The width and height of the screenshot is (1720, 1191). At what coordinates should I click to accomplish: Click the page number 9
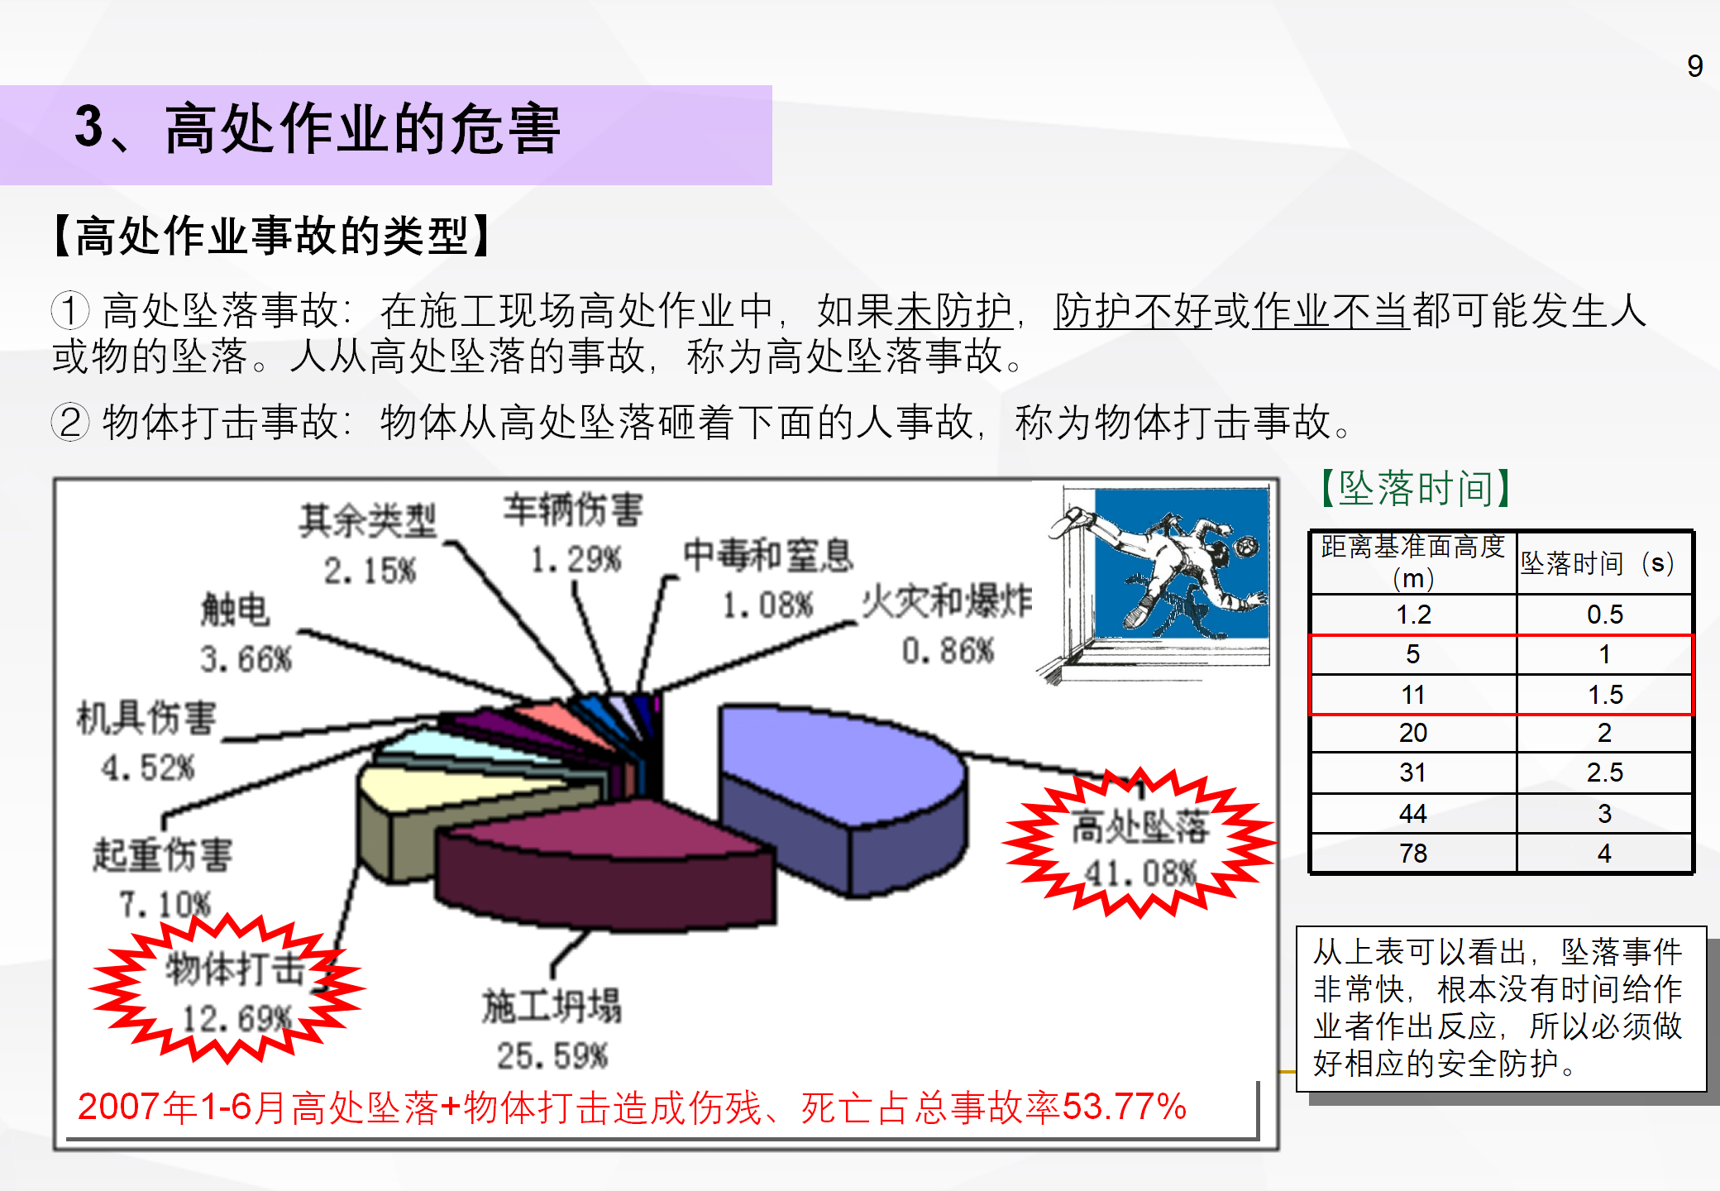pyautogui.click(x=1694, y=65)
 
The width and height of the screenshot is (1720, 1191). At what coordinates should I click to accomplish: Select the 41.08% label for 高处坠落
pyautogui.click(x=1140, y=873)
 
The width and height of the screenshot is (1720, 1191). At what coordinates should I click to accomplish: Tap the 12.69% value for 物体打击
pyautogui.click(x=237, y=1019)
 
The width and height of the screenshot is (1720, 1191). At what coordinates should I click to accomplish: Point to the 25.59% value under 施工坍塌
pyautogui.click(x=552, y=1055)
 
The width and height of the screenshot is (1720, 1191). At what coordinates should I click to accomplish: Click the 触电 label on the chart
pyautogui.click(x=236, y=610)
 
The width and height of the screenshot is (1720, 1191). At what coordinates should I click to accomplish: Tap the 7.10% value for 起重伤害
pyautogui.click(x=165, y=904)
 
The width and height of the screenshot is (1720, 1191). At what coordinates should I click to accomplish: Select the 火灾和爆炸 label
pyautogui.click(x=947, y=601)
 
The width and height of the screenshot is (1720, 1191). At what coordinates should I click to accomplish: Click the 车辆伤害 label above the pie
pyautogui.click(x=573, y=509)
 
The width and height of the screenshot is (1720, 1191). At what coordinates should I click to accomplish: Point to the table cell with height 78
pyautogui.click(x=1413, y=853)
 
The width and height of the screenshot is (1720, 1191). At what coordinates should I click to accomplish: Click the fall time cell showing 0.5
pyautogui.click(x=1605, y=614)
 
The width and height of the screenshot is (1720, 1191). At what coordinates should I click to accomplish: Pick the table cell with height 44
pyautogui.click(x=1413, y=814)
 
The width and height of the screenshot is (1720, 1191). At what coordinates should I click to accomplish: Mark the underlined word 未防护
pyautogui.click(x=955, y=311)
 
